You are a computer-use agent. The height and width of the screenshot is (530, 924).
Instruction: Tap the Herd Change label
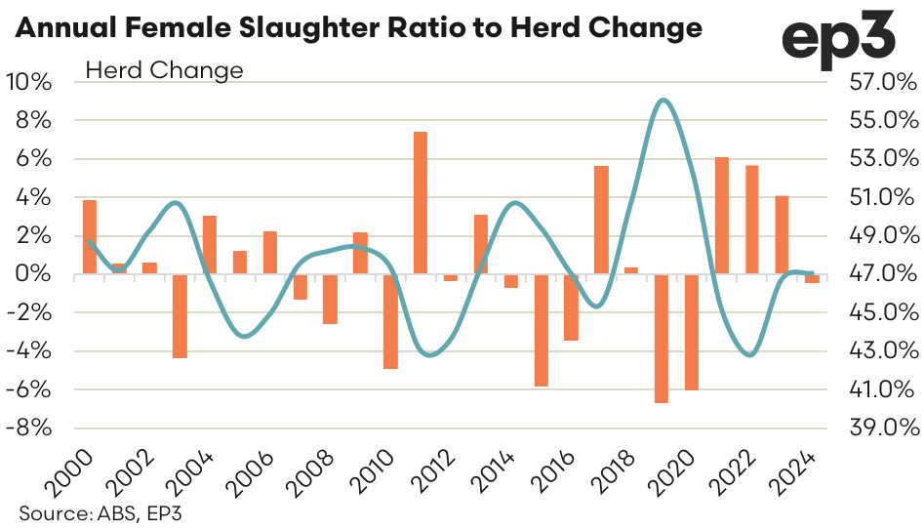coord(164,70)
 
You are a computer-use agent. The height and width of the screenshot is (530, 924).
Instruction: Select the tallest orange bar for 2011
coord(421,202)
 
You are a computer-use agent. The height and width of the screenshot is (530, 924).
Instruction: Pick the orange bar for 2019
coord(661,338)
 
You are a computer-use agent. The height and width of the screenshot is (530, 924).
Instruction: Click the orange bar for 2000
coord(90,237)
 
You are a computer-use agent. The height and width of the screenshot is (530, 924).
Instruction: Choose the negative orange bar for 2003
coord(180,316)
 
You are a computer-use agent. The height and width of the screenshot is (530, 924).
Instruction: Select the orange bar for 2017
coord(601,220)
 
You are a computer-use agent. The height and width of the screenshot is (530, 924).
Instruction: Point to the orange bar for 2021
coord(721,216)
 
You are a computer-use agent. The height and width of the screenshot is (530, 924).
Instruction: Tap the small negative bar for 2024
coord(812,279)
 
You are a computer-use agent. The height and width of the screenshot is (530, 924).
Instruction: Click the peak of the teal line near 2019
coord(663,100)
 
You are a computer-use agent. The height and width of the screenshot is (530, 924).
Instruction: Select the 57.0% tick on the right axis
coord(884,82)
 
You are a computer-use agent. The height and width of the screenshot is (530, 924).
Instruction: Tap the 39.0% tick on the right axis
coord(884,428)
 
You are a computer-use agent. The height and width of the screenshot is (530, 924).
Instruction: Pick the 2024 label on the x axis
coord(799,473)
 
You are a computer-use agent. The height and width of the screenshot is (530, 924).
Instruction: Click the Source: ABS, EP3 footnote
coord(85,513)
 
